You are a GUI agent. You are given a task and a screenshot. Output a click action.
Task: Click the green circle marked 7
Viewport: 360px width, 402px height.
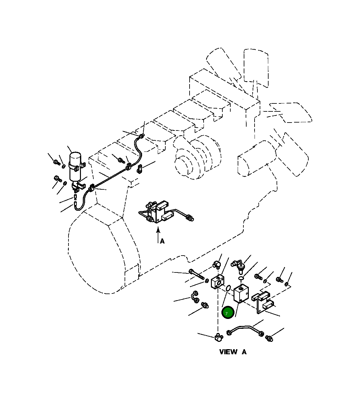227,313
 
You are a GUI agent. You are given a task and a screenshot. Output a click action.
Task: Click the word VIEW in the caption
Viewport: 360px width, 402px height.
228,352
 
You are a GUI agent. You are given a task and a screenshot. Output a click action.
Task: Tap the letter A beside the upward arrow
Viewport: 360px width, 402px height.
162,241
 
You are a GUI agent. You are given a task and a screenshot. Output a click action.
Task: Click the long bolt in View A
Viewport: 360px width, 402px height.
196,274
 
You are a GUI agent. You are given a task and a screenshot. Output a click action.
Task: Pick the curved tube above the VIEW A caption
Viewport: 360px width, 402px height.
245,329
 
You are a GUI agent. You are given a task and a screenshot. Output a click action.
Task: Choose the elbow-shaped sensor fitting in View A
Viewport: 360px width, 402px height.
238,265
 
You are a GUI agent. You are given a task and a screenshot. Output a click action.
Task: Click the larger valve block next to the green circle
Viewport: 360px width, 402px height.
241,294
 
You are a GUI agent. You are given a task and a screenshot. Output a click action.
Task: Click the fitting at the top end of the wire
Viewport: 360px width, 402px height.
141,136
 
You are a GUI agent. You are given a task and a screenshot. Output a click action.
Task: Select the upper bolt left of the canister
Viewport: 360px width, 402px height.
57,163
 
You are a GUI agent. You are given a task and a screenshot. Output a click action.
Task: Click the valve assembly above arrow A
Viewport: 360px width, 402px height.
158,211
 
